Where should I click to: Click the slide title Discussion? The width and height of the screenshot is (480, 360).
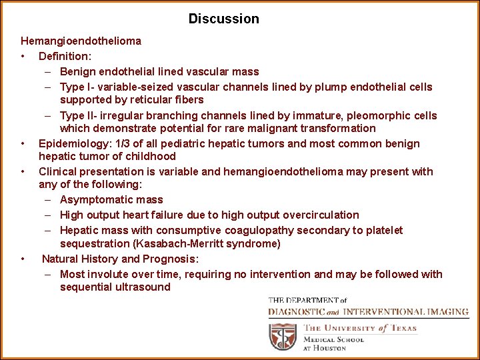coord(223,19)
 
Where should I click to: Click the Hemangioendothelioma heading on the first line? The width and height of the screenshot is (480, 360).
coord(81,41)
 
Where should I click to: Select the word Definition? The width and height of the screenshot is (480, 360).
coord(65,56)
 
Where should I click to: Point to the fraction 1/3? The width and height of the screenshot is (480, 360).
coord(124,143)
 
